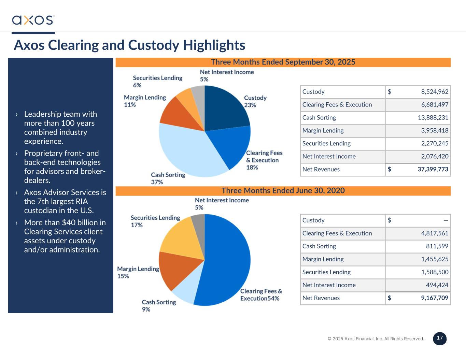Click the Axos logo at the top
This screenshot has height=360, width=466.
click(x=33, y=20)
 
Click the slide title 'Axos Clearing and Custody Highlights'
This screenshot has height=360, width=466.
click(x=129, y=45)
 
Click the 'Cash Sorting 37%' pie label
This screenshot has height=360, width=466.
click(x=168, y=178)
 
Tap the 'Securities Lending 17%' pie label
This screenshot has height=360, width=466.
click(x=155, y=221)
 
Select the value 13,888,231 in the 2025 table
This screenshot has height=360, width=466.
click(x=433, y=118)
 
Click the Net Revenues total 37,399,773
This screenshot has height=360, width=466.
click(x=433, y=169)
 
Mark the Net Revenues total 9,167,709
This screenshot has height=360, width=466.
click(x=434, y=298)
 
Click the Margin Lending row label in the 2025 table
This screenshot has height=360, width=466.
click(x=323, y=130)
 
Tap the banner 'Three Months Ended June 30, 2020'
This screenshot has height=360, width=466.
click(x=283, y=191)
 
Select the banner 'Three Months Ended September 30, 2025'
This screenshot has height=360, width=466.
click(x=283, y=62)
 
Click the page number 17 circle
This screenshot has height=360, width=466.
click(x=440, y=338)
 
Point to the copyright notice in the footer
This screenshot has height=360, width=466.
click(x=376, y=339)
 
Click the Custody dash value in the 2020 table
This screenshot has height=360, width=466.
click(x=446, y=220)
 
